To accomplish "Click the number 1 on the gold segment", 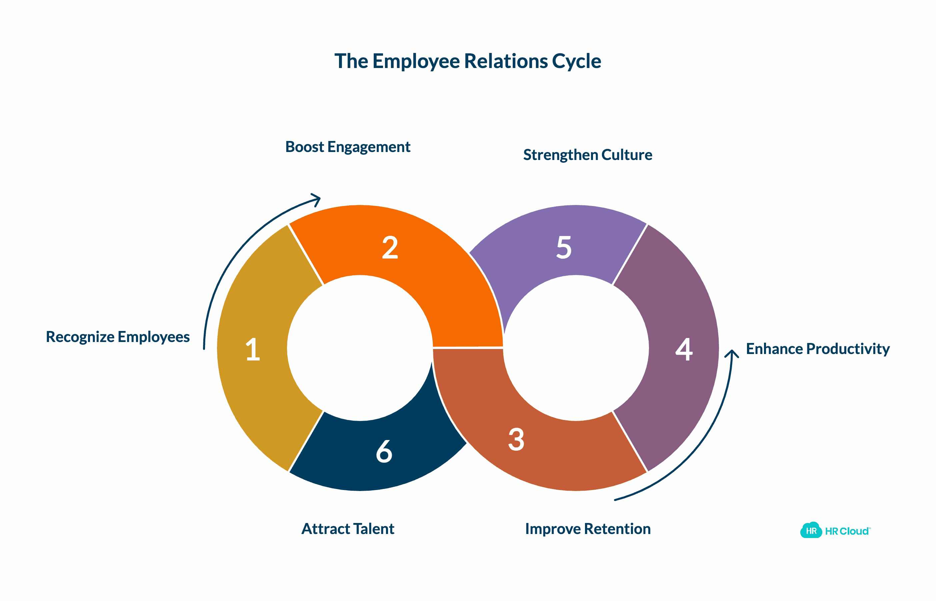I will [x=253, y=349].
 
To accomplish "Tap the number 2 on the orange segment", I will [x=390, y=247].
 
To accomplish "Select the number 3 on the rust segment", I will [x=516, y=439].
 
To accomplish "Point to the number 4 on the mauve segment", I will [x=684, y=349].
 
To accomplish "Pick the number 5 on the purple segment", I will [x=564, y=247].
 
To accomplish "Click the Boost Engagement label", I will [x=348, y=147].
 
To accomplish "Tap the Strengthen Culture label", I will [x=588, y=155].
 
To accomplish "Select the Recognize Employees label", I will [x=118, y=337].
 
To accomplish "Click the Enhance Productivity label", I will [x=818, y=349].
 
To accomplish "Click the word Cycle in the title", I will [x=576, y=62].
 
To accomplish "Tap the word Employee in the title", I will [x=416, y=62].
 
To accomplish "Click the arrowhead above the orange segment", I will [x=317, y=199].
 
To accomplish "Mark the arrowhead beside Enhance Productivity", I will [x=732, y=354].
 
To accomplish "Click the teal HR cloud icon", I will [x=811, y=530].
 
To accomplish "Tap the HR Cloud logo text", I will [x=847, y=531].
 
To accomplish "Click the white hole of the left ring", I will [x=360, y=348].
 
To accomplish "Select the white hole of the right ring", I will [x=576, y=348].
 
